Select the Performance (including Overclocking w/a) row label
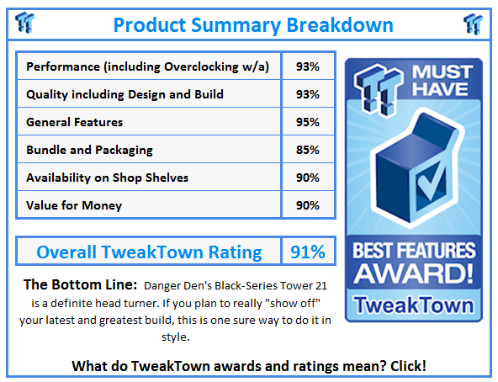tap(148, 66)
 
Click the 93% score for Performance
tap(308, 66)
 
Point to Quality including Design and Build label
tap(124, 94)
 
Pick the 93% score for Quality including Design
tap(308, 94)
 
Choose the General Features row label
tap(74, 122)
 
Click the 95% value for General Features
tap(308, 122)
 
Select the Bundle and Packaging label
tap(89, 150)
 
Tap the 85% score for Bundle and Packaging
tap(308, 150)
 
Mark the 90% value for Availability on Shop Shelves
tap(308, 178)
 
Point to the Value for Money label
tap(73, 205)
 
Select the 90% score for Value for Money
tap(308, 205)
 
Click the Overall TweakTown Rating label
tap(149, 252)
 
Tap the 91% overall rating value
tap(308, 252)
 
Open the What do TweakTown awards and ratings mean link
tap(249, 366)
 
